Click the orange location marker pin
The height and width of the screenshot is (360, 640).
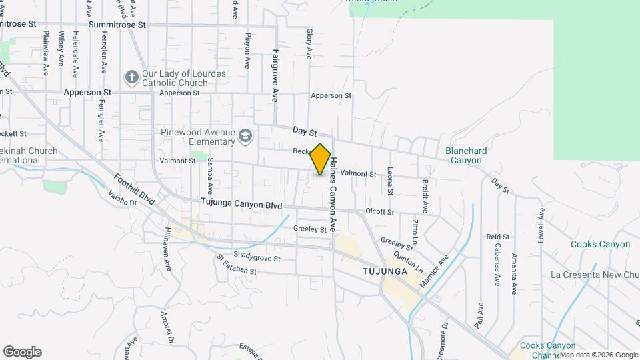pyautogui.click(x=321, y=159)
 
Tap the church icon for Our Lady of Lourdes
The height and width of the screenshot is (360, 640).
pyautogui.click(x=131, y=77)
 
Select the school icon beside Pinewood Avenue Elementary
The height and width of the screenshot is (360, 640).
pyautogui.click(x=246, y=136)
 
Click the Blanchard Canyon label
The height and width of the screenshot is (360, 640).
pyautogui.click(x=467, y=155)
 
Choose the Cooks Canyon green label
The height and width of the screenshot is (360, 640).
pyautogui.click(x=600, y=244)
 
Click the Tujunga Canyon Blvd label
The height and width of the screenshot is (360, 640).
pyautogui.click(x=241, y=205)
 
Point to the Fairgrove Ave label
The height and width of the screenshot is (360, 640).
pyautogui.click(x=275, y=75)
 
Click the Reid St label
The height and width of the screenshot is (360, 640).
pyautogui.click(x=497, y=237)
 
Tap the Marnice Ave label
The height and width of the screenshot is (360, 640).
pyautogui.click(x=434, y=271)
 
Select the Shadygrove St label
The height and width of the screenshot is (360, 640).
pyautogui.click(x=257, y=257)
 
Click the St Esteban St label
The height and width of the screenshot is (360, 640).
pyautogui.click(x=237, y=265)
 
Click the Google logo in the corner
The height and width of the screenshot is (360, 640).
pyautogui.click(x=22, y=352)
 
